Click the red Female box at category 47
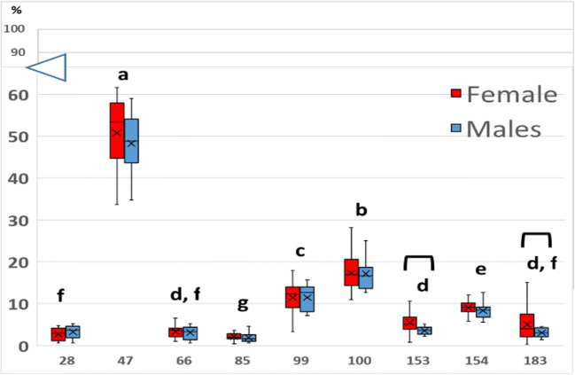tap(117, 130)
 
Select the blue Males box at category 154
tap(482, 311)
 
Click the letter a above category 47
tap(124, 74)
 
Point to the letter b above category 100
tap(361, 210)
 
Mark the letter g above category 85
tap(242, 304)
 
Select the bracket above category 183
tap(535, 238)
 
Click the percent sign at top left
tap(15, 10)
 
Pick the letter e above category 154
tap(480, 270)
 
